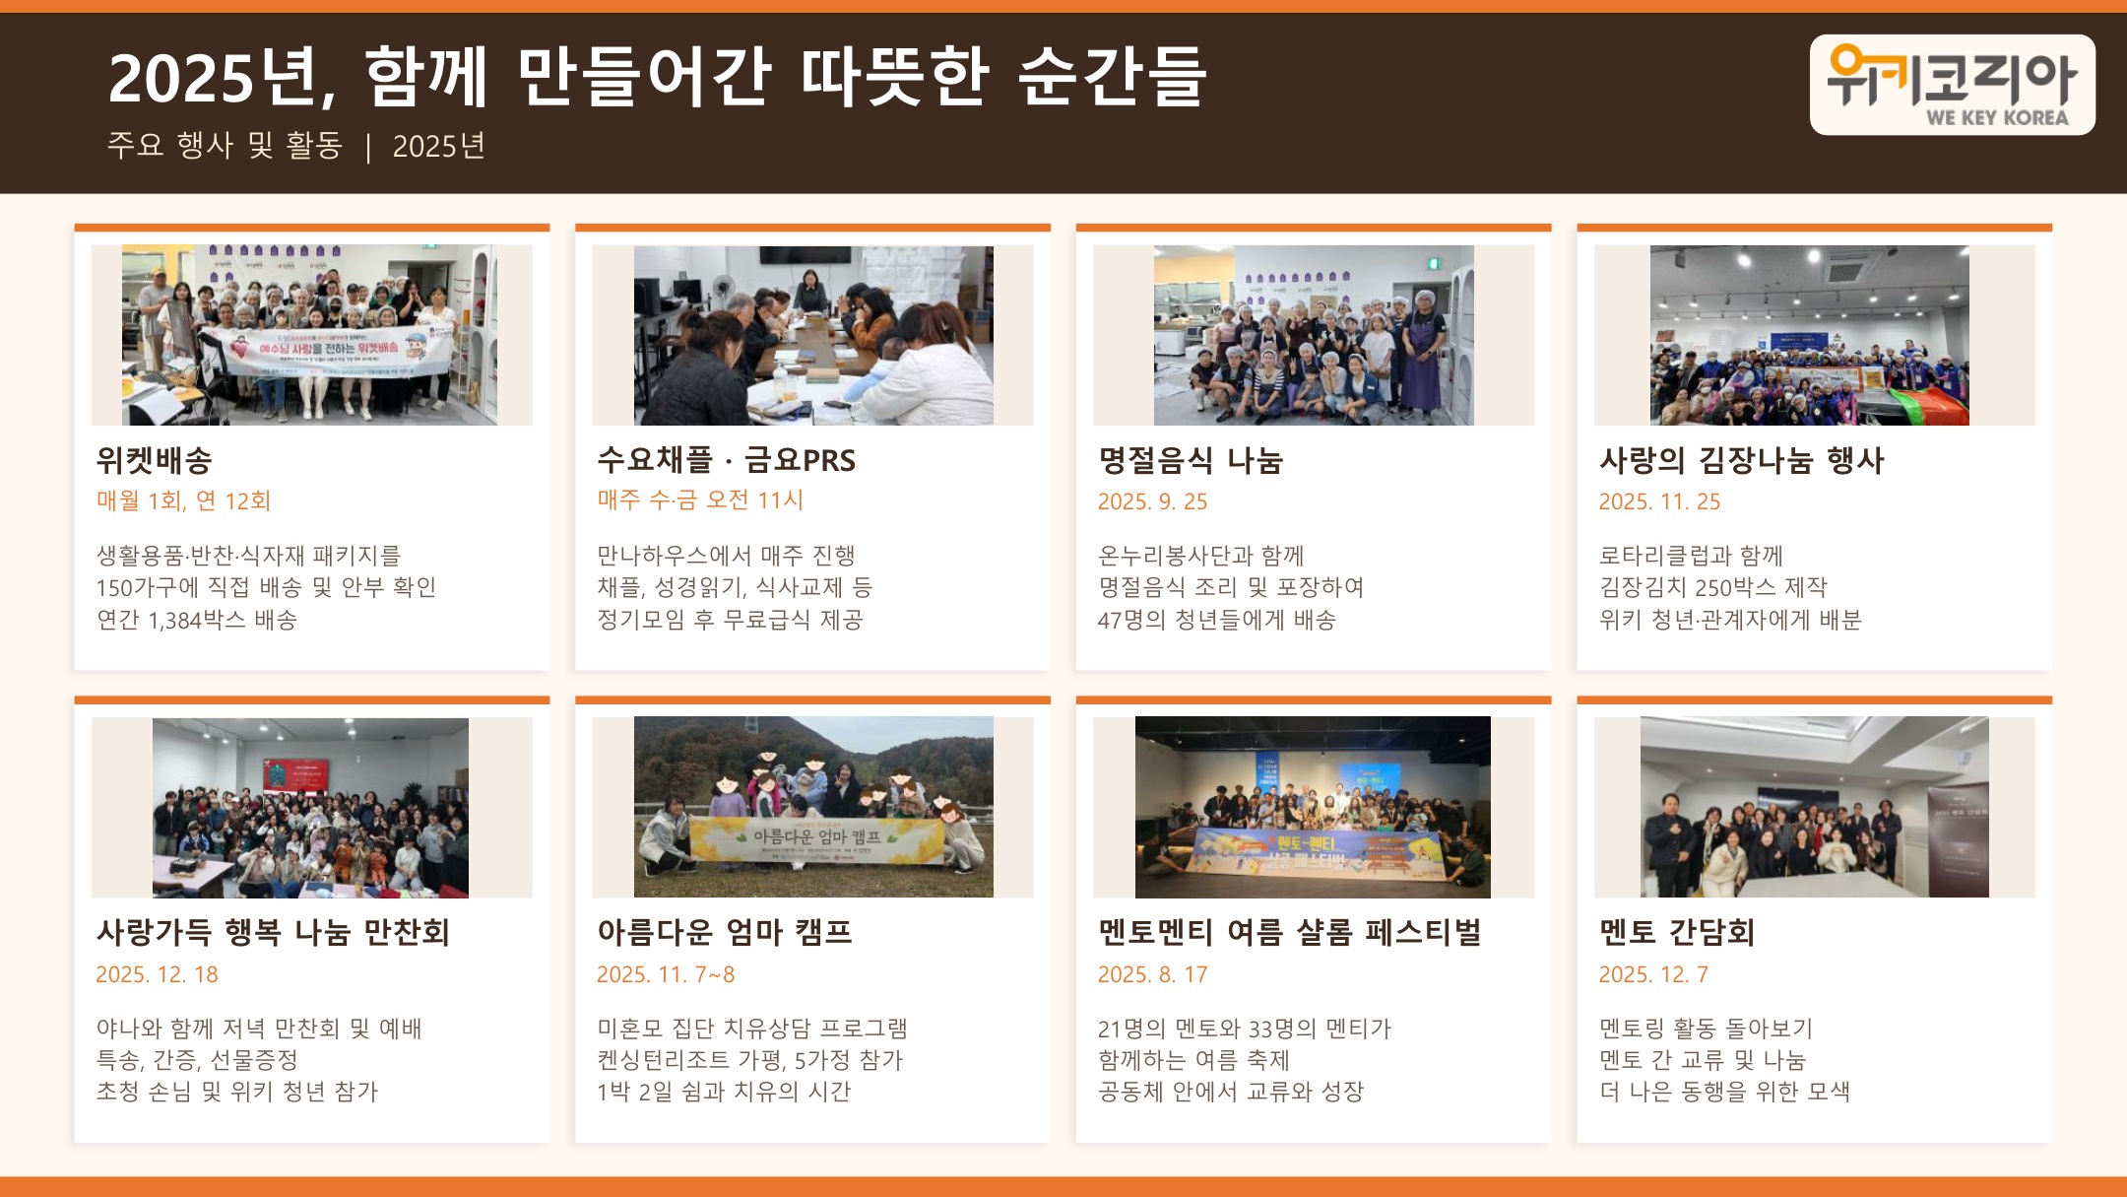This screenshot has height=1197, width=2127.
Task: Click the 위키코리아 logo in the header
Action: [1952, 85]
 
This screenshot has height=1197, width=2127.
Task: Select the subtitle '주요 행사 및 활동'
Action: [225, 146]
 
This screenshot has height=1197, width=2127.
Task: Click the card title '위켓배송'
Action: [155, 460]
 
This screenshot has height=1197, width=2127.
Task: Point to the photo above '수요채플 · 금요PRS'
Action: [813, 335]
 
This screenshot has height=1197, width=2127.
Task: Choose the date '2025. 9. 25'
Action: [1152, 501]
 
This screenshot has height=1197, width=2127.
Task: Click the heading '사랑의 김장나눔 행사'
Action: [1741, 460]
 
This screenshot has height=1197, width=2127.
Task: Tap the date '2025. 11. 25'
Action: [1659, 501]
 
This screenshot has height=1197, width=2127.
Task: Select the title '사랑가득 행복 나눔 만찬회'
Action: [273, 932]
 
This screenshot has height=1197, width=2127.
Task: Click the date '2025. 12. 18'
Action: [157, 974]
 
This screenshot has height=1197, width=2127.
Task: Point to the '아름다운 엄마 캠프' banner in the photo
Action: [816, 838]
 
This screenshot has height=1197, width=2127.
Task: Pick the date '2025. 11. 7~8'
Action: [666, 974]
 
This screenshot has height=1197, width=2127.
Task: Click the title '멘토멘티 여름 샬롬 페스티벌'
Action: [1289, 932]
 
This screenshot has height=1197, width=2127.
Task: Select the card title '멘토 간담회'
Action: [1676, 932]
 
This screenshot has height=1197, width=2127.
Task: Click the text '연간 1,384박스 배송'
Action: [196, 620]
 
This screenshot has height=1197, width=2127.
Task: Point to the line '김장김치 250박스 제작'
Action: [1712, 588]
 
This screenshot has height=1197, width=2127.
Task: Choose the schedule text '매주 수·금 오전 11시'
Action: [700, 500]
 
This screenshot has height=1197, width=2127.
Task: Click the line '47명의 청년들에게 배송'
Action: [1216, 620]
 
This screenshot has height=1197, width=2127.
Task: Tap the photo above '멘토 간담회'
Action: [1814, 807]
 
